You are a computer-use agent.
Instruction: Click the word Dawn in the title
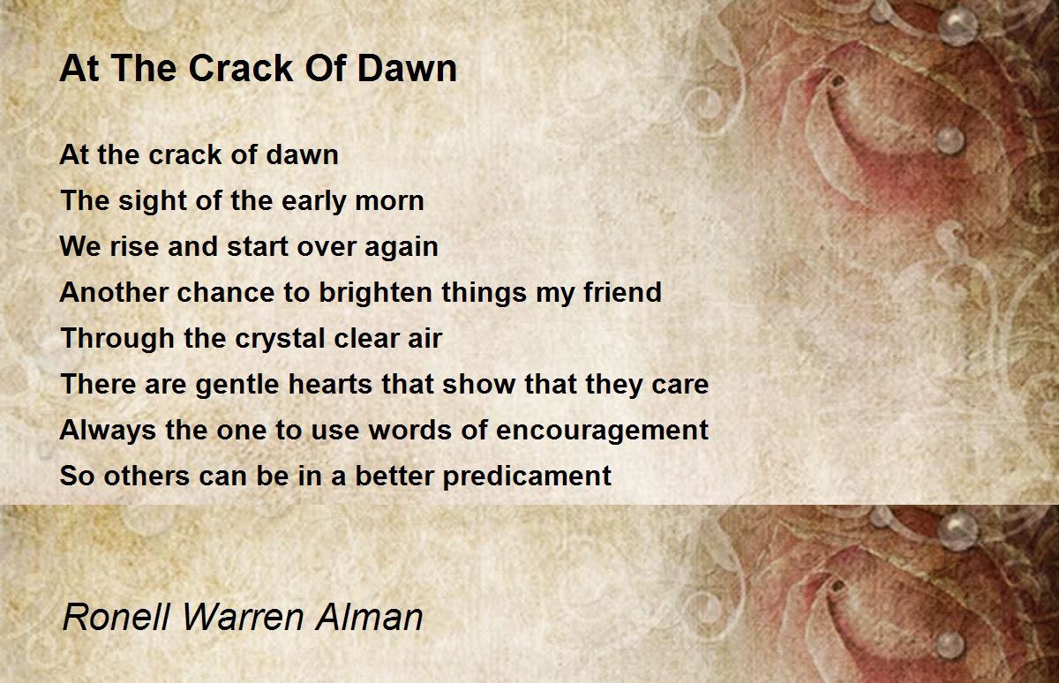pyautogui.click(x=412, y=68)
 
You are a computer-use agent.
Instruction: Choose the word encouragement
pyautogui.click(x=602, y=430)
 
